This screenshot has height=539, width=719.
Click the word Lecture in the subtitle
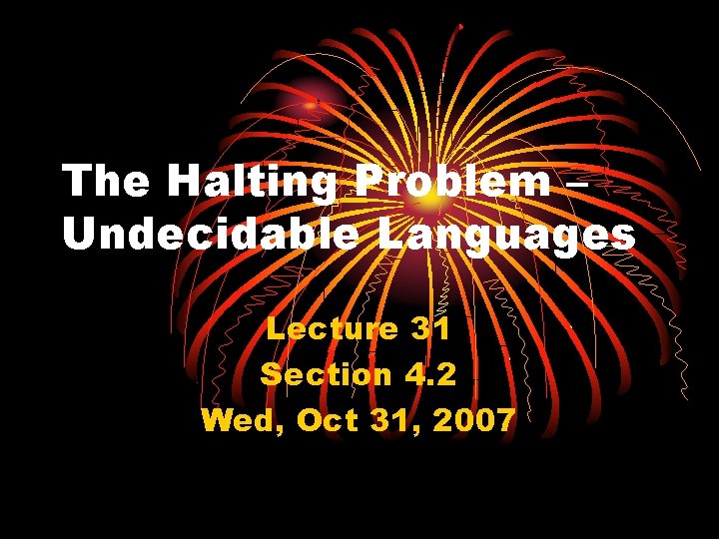[331, 327]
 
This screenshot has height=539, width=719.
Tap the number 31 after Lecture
[431, 327]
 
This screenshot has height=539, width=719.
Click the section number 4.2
[430, 374]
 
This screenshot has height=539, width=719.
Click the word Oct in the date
[327, 420]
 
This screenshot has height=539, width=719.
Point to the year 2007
[474, 420]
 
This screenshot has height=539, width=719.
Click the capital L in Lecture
[274, 327]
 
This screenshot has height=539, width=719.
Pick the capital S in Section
[270, 374]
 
